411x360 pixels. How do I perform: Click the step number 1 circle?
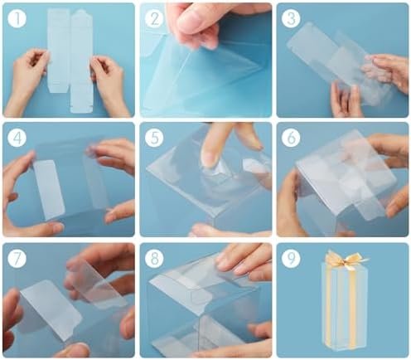click(x=17, y=18)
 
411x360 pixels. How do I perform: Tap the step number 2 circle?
click(x=154, y=18)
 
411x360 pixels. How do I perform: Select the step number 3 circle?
click(x=291, y=18)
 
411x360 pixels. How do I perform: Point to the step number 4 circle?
click(x=17, y=138)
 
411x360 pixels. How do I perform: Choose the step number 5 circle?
click(x=154, y=138)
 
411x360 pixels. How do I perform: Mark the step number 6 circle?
click(x=291, y=138)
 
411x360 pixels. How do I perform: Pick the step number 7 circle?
click(x=17, y=258)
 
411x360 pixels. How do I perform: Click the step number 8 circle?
click(x=154, y=258)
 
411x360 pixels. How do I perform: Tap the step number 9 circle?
click(x=291, y=258)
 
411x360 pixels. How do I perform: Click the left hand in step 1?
click(x=27, y=80)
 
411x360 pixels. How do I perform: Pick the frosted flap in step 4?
click(x=50, y=189)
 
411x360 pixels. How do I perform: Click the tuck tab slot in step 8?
click(x=201, y=296)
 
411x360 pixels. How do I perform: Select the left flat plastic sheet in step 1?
click(x=59, y=50)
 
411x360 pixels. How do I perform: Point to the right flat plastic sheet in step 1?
click(x=81, y=61)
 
